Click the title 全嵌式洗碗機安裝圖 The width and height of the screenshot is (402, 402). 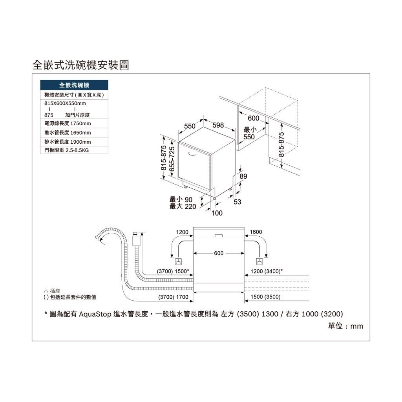(x=80, y=65)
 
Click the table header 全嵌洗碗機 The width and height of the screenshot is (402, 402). (x=74, y=85)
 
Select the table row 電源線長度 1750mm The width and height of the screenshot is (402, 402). (x=74, y=123)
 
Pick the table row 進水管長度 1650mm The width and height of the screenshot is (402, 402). (x=74, y=133)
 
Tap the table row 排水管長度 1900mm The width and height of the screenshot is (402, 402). (x=74, y=142)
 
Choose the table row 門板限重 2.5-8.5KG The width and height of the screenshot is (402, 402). (x=74, y=150)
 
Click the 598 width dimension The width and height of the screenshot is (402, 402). (x=218, y=125)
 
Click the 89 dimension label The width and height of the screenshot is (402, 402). (x=243, y=176)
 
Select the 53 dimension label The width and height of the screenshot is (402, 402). (x=238, y=202)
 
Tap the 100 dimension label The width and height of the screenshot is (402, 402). (x=217, y=213)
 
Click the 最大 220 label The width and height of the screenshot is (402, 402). (x=183, y=206)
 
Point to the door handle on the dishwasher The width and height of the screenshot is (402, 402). (x=192, y=154)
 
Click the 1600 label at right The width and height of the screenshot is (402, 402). (x=256, y=232)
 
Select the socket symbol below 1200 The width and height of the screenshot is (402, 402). (x=179, y=262)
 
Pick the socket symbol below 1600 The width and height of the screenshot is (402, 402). (x=259, y=262)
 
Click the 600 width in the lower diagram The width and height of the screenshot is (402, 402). (x=219, y=253)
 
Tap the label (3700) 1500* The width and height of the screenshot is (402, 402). (x=173, y=271)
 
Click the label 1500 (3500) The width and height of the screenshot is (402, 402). (x=265, y=297)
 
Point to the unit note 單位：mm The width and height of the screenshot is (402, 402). (x=345, y=326)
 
